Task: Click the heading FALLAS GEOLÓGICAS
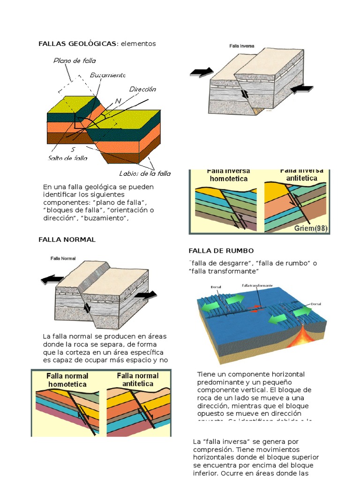click(77, 44)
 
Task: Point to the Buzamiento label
click(108, 75)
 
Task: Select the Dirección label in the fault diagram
click(142, 89)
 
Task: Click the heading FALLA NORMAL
click(67, 240)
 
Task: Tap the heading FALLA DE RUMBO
click(221, 251)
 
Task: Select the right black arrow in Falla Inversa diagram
click(301, 89)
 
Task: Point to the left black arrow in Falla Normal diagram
click(52, 280)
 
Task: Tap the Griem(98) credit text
click(311, 228)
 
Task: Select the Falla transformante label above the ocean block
click(257, 285)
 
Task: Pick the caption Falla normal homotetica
click(67, 380)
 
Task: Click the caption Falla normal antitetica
click(137, 379)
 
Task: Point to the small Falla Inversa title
click(242, 46)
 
